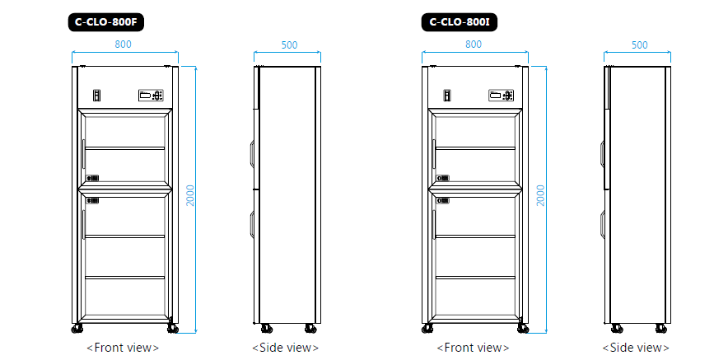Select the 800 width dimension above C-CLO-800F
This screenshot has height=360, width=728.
click(124, 44)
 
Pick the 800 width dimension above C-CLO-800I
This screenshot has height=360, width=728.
click(473, 44)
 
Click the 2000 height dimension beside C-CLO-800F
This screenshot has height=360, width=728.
click(190, 195)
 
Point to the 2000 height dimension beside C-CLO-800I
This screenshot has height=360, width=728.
click(541, 195)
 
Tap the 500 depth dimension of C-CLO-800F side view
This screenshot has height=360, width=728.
click(289, 45)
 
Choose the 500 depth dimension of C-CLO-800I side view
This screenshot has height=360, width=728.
click(639, 45)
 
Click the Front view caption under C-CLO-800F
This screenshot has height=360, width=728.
click(123, 348)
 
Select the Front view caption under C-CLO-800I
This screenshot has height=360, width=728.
click(473, 348)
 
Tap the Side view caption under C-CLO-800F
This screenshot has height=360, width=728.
click(285, 348)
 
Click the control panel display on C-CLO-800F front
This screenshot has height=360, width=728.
click(151, 96)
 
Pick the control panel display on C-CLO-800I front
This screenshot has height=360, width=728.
click(502, 96)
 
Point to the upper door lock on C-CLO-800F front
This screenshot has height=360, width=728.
click(93, 177)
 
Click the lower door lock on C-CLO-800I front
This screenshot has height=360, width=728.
click(443, 200)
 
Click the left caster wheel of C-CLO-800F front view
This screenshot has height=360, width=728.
click(77, 328)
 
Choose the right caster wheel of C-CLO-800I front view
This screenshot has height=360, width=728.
click(523, 328)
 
